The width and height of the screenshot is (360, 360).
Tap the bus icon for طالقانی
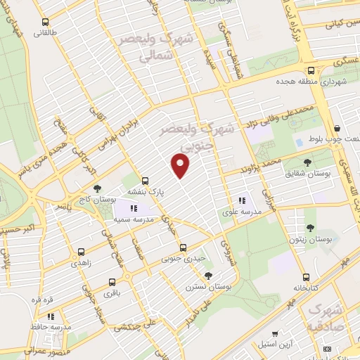(46, 22)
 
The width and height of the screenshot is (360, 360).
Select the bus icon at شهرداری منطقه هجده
(311, 70)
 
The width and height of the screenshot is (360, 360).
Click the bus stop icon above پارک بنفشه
(145, 180)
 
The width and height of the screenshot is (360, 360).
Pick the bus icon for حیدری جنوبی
(183, 247)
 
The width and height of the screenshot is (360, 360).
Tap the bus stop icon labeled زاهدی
(81, 252)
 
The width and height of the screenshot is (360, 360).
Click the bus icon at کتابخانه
(306, 278)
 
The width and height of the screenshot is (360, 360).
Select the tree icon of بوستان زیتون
(310, 227)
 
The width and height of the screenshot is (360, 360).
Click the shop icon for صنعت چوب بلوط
(338, 128)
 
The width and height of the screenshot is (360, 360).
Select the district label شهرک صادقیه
(326, 319)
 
